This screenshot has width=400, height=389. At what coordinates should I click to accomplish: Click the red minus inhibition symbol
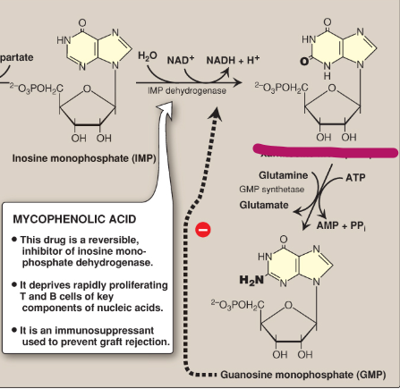[x=202, y=230]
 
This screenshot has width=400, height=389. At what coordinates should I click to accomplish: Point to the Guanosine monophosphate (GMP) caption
[x=288, y=374]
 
